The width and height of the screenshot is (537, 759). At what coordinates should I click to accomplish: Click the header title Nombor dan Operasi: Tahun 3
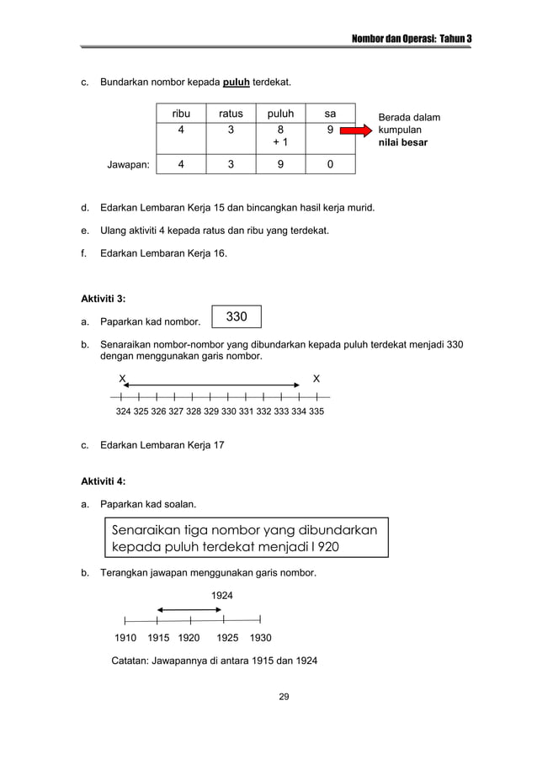(412, 39)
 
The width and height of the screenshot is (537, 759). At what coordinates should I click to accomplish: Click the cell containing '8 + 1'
(280, 137)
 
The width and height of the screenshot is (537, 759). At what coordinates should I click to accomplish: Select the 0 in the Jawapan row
(331, 165)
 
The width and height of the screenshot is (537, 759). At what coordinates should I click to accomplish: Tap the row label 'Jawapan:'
(127, 166)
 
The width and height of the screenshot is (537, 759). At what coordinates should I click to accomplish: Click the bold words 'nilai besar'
(402, 143)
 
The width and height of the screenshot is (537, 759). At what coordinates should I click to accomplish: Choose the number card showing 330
(237, 316)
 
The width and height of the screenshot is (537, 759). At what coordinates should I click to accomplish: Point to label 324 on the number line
(123, 412)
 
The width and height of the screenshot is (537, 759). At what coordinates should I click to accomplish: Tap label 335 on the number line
(316, 412)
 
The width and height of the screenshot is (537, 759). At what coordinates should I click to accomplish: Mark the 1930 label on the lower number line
(261, 638)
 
